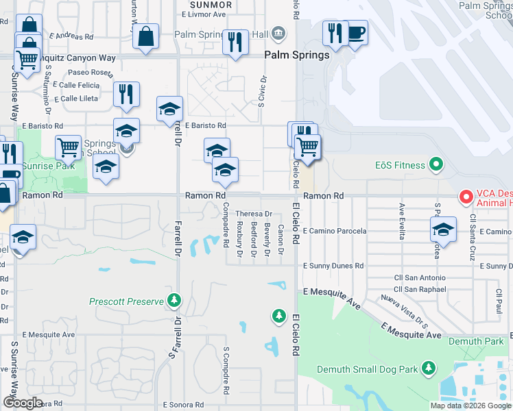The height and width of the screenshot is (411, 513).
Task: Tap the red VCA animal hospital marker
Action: click(x=466, y=197)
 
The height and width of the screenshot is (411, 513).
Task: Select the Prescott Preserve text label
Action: click(x=127, y=301)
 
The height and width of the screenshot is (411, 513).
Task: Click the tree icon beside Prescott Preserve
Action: click(x=174, y=300)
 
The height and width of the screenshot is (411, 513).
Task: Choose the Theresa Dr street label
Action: click(x=254, y=214)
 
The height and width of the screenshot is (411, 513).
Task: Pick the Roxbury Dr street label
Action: click(x=239, y=240)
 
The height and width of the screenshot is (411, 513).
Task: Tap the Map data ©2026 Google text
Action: click(x=470, y=405)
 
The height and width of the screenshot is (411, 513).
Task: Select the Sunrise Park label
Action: click(x=47, y=166)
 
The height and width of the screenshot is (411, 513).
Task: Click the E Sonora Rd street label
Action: click(x=184, y=405)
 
